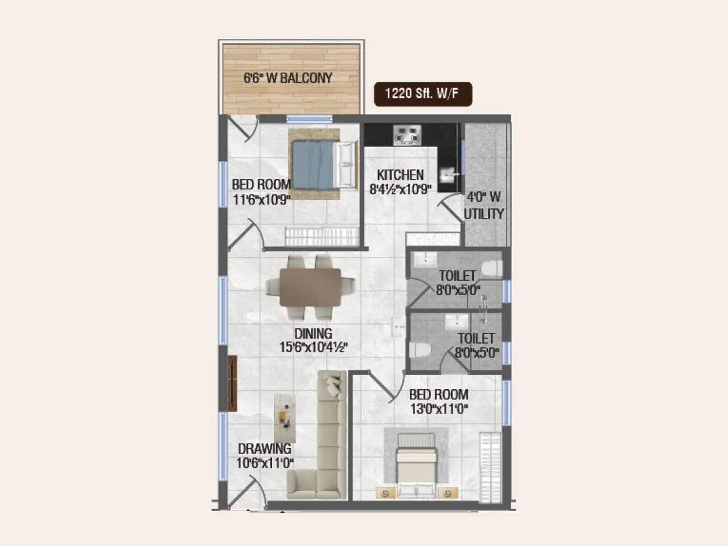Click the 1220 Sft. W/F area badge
[423, 94]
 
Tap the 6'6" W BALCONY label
[288, 78]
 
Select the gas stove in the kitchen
[407, 135]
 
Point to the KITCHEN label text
[400, 175]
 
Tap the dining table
[310, 287]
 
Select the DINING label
[313, 333]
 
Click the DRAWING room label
[264, 449]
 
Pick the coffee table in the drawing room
[285, 418]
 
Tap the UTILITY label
[484, 214]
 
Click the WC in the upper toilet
[491, 268]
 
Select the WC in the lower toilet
[419, 350]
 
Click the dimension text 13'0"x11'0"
[439, 409]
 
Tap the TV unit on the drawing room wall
[233, 383]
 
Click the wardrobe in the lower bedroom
[490, 467]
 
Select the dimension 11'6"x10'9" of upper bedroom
[261, 199]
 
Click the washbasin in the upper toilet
[425, 259]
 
